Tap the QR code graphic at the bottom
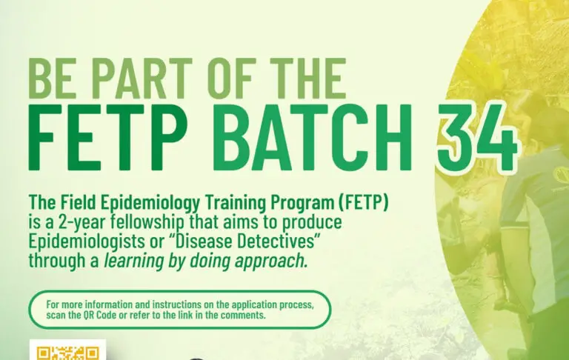67,350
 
